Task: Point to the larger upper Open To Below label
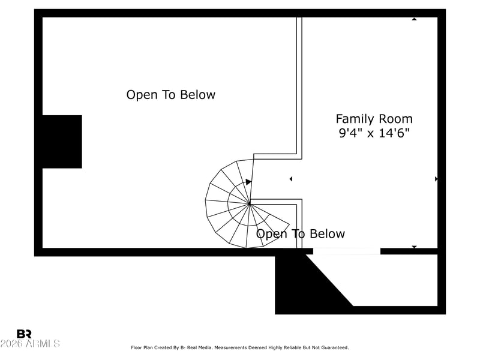click(x=170, y=95)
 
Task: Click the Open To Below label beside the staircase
click(x=301, y=234)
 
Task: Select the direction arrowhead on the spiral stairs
click(x=248, y=182)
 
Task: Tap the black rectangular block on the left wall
click(x=61, y=142)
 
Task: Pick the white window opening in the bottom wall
click(x=346, y=251)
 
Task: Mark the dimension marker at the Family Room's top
click(x=414, y=19)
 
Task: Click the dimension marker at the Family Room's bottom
click(x=414, y=247)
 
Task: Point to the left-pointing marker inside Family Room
click(x=291, y=179)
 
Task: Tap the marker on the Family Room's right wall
click(x=436, y=179)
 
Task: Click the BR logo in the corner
click(x=24, y=334)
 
